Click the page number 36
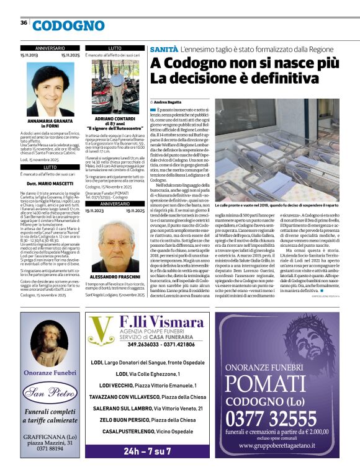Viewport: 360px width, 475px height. coord(24,23)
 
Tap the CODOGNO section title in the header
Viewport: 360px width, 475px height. coord(69,25)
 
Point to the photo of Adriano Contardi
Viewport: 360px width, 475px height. coord(115,86)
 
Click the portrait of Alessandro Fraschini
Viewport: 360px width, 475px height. coord(115,239)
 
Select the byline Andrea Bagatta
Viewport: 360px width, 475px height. coord(166,102)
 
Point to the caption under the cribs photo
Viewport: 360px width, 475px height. coord(285,187)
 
